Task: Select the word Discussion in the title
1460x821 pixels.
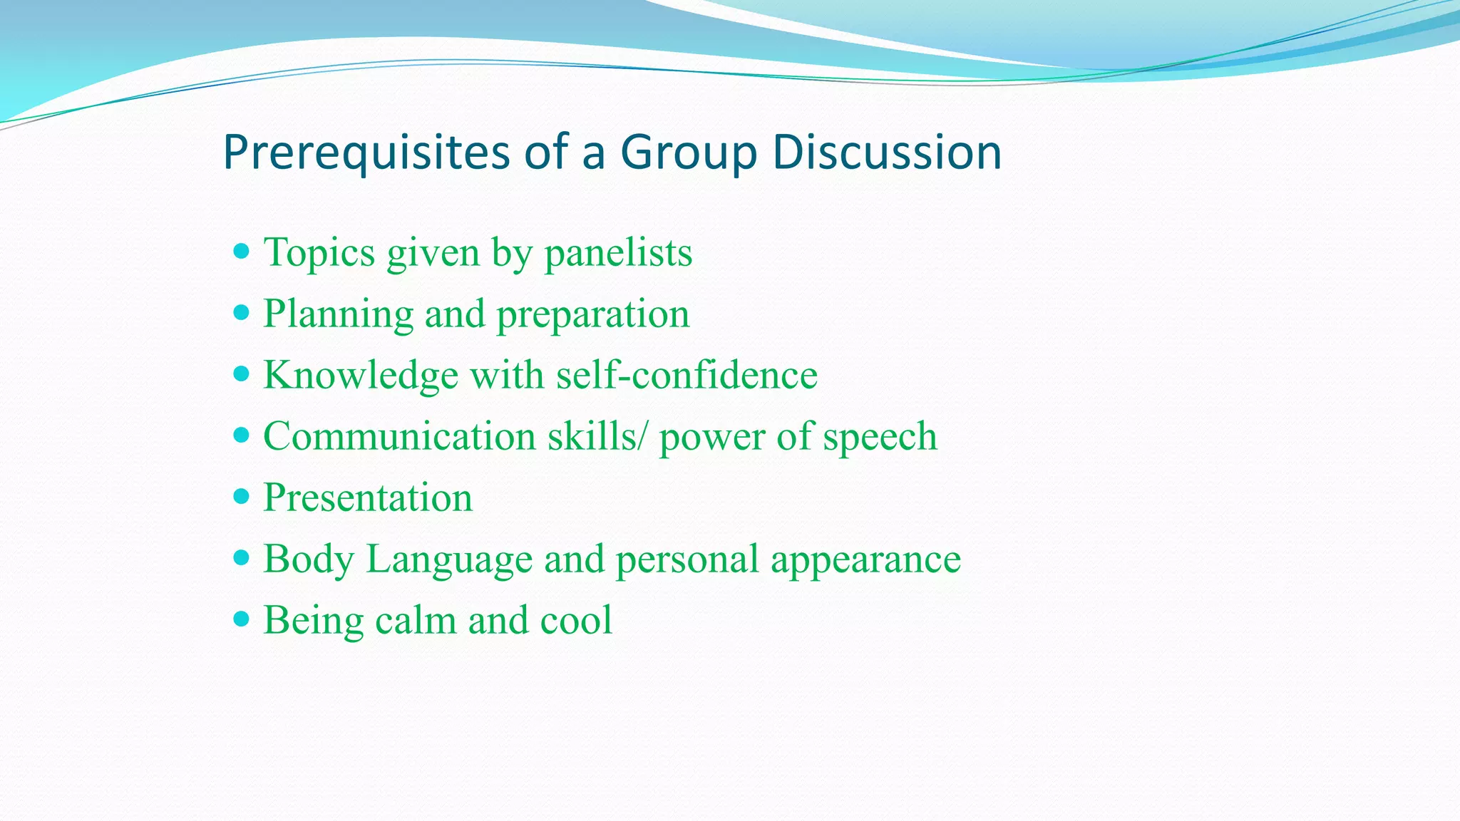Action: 887,153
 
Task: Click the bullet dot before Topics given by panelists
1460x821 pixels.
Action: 242,252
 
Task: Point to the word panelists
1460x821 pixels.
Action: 618,253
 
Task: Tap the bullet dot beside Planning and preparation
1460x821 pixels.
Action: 242,313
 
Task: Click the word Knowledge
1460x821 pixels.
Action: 361,376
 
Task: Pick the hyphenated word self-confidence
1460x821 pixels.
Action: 687,376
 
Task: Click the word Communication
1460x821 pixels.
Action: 399,436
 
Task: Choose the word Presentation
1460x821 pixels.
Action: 368,497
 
